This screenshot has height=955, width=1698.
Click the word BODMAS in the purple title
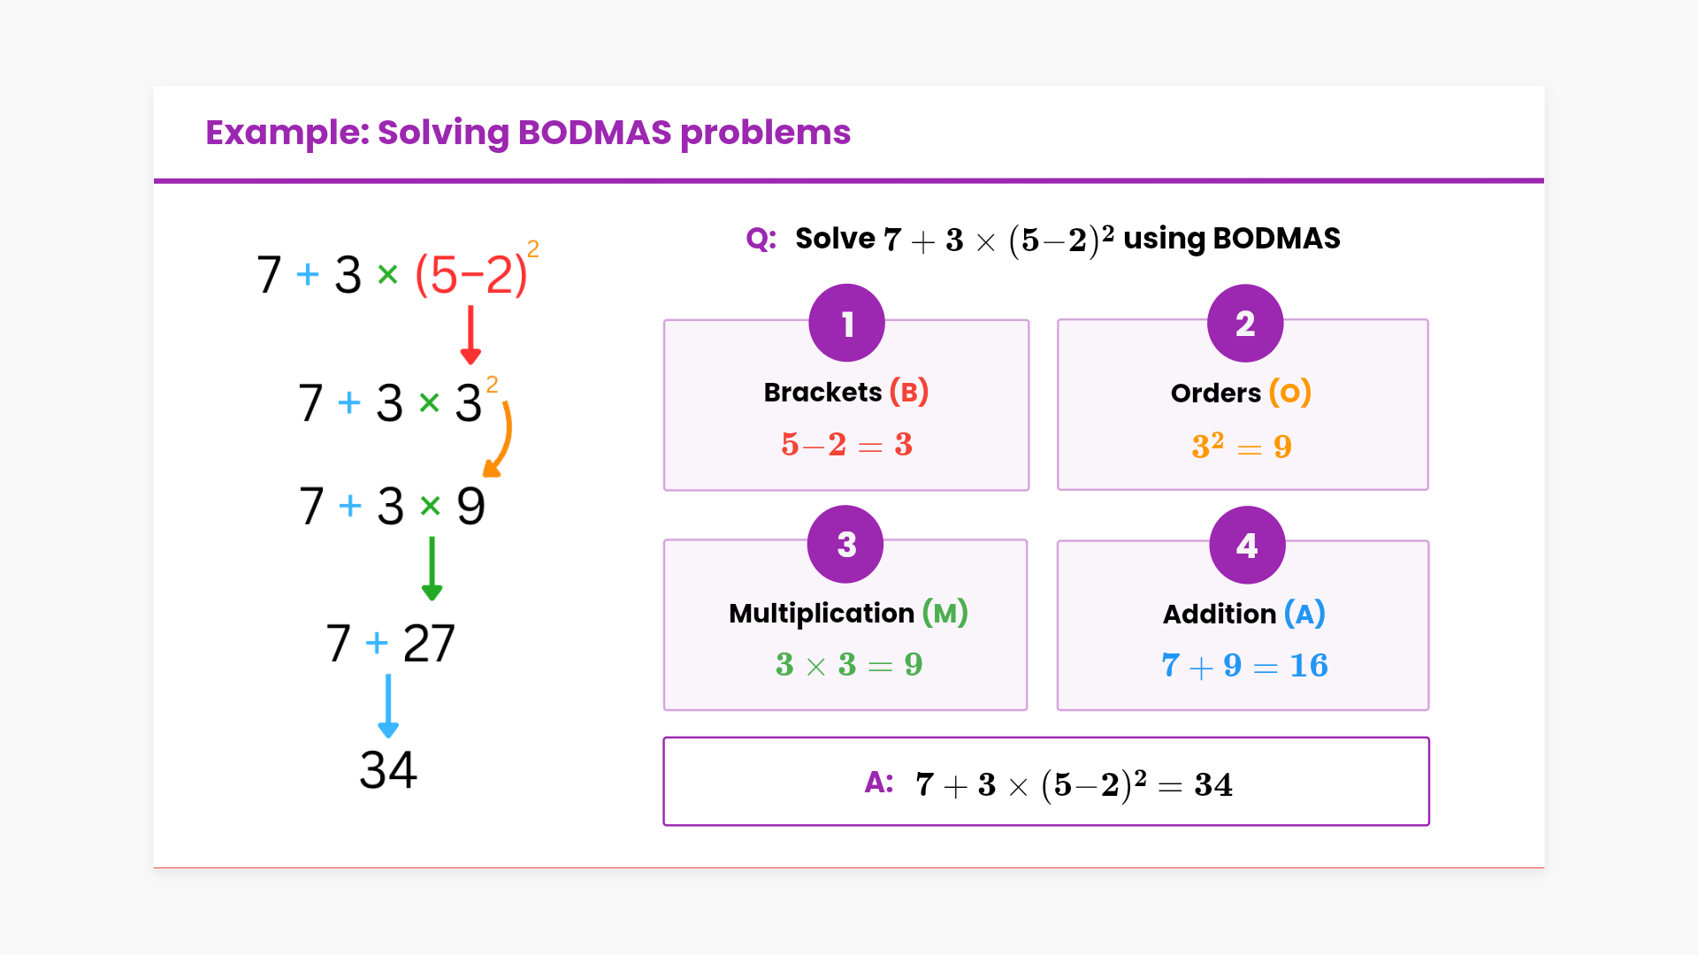coord(594,133)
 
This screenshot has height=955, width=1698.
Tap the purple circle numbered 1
coord(846,324)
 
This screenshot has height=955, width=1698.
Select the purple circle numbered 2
coord(1244,324)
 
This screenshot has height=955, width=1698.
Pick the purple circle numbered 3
coord(845,545)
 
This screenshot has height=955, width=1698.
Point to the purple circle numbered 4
coord(1247,546)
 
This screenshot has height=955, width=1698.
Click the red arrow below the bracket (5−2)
coord(470,334)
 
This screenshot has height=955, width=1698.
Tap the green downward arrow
coord(432,569)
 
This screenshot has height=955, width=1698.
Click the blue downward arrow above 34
coord(388,706)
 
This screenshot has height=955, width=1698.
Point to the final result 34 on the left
coord(388,770)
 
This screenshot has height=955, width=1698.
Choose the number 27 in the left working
coord(429,643)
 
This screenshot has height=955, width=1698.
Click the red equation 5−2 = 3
coord(846,444)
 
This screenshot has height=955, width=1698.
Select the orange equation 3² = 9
coord(1242,446)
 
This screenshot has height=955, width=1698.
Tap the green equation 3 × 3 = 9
coord(848,664)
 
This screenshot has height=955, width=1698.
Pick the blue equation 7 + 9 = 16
coord(1244,665)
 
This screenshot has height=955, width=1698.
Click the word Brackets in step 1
coord(822,392)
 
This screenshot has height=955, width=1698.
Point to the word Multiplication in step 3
coord(821,613)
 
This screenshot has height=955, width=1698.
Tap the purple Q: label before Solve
coord(761,239)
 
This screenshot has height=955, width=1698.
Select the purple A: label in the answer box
coord(879,783)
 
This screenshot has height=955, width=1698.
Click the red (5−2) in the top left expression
coord(471,275)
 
